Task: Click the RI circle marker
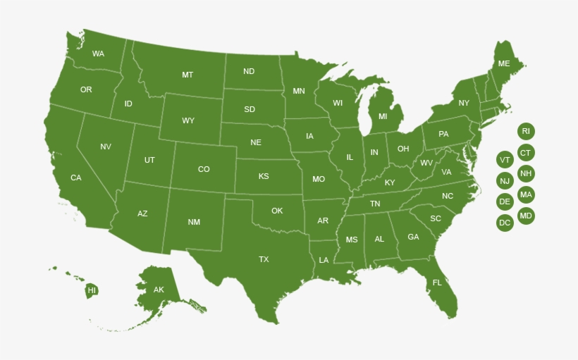point(526,131)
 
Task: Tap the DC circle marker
point(505,223)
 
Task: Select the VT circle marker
point(505,160)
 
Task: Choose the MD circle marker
point(526,216)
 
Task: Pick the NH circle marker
point(526,173)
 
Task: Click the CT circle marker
point(526,152)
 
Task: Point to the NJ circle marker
point(505,181)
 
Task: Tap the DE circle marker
point(505,202)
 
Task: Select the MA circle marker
point(526,194)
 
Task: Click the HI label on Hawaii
point(92,290)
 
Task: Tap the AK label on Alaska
point(159,290)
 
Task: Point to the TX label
point(264,259)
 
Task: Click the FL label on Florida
point(437,283)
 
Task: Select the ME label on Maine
point(504,63)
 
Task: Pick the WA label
point(98,54)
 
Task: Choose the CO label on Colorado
point(204,169)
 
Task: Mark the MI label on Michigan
point(383,116)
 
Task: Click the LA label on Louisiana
point(324,260)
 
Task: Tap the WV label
point(426,163)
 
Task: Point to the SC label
point(436,218)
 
